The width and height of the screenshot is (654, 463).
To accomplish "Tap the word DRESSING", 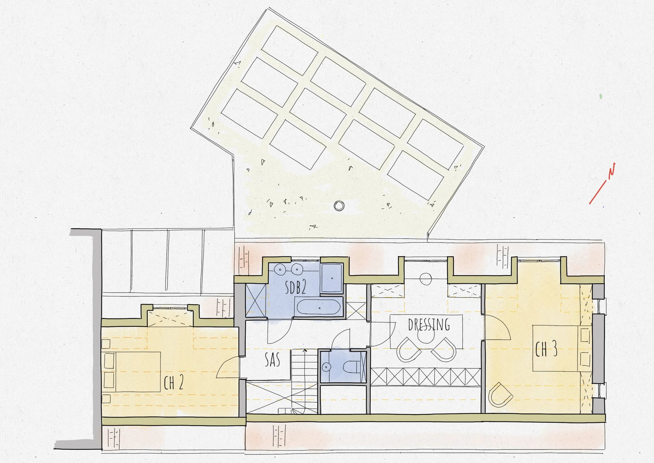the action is (429, 324).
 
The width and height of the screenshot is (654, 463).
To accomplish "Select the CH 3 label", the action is (546, 350).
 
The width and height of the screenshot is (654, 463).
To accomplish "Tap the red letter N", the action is (611, 171).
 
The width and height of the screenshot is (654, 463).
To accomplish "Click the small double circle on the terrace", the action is (339, 206).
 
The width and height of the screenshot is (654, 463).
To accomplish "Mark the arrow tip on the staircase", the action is (305, 350).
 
